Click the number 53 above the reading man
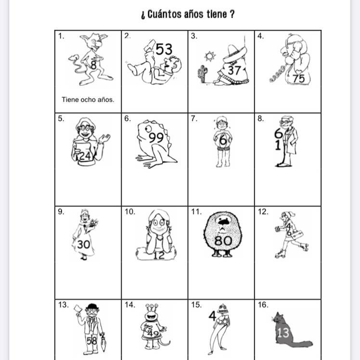tap(164, 49)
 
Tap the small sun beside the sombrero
tap(210, 56)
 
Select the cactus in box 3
tap(202, 74)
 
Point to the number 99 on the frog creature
tap(156, 137)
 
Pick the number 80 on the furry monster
tap(223, 241)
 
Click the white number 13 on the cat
tap(283, 333)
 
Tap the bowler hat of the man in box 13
tap(92, 307)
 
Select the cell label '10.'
tap(130, 212)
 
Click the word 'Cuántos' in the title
tap(164, 14)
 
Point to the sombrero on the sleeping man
tap(235, 54)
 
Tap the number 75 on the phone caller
tap(298, 78)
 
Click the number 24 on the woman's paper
tap(85, 156)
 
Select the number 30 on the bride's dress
tap(83, 244)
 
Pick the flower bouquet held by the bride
tap(92, 223)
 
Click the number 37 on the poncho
tap(234, 70)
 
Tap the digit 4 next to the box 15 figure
tap(212, 316)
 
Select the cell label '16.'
tap(263, 305)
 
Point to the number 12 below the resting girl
tap(159, 255)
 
